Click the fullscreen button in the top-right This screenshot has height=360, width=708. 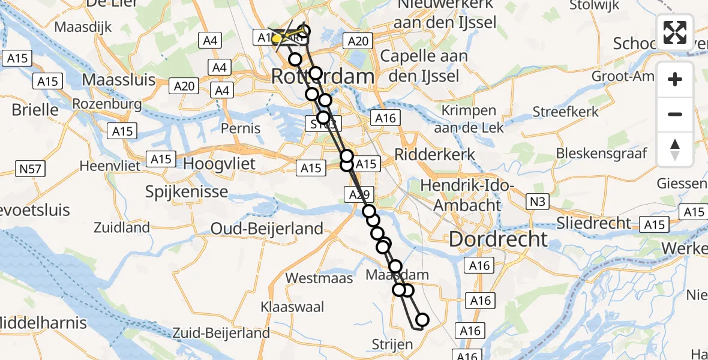pyautogui.click(x=675, y=32)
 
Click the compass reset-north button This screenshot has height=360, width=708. pyautogui.click(x=675, y=149)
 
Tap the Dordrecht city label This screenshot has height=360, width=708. pyautogui.click(x=498, y=239)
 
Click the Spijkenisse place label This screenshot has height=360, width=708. pyautogui.click(x=187, y=192)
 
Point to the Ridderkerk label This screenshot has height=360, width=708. pyautogui.click(x=434, y=154)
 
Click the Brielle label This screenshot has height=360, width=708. pyautogui.click(x=35, y=110)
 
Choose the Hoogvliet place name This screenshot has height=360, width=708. pyautogui.click(x=219, y=164)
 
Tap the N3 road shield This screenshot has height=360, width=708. pyautogui.click(x=538, y=202)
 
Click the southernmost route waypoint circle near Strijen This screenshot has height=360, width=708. pyautogui.click(x=422, y=320)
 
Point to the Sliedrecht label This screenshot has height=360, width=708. pyautogui.click(x=593, y=223)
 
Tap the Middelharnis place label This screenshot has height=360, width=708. pyautogui.click(x=43, y=323)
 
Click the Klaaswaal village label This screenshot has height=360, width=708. pyautogui.click(x=292, y=307)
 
